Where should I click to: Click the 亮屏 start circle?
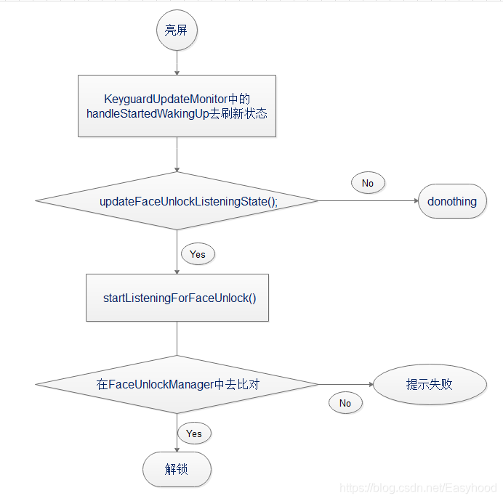[177, 30]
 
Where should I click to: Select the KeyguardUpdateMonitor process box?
[177, 106]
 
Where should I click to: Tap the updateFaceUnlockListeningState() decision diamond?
[177, 201]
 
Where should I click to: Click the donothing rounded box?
[452, 201]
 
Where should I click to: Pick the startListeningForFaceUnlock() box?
[177, 298]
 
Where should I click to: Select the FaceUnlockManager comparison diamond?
[177, 385]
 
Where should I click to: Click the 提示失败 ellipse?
[430, 385]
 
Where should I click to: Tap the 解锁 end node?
[177, 469]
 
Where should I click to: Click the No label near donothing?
[367, 183]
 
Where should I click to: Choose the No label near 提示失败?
[345, 403]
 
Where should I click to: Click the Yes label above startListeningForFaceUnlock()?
[197, 254]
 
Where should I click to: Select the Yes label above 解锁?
[193, 433]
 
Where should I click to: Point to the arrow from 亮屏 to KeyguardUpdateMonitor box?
[177, 63]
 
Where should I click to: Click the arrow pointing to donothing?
[367, 201]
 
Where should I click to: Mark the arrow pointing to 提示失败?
[345, 385]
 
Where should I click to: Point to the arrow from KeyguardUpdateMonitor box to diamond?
[177, 154]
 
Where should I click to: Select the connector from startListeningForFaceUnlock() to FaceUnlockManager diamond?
[177, 338]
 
